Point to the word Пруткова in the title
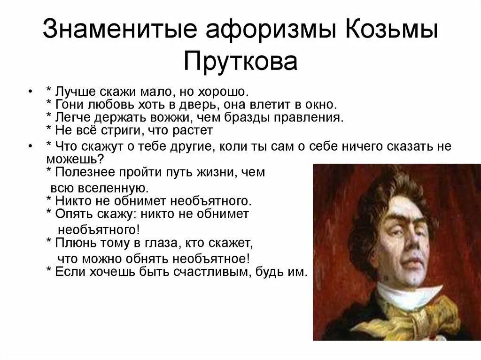coord(240,61)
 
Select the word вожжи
coord(167,116)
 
